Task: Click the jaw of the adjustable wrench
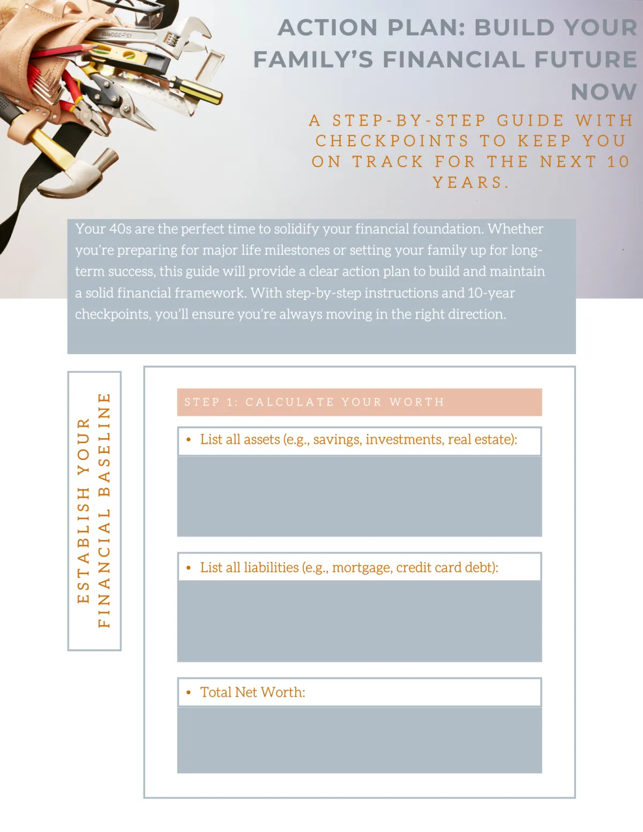196,34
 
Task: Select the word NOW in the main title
604,92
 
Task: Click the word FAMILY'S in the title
313,59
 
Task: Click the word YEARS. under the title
470,182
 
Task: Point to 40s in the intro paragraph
120,229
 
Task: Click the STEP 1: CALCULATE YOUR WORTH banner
359,402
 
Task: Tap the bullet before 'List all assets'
189,439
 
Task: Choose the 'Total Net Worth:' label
253,692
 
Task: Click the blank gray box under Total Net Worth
359,740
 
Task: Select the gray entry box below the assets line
359,496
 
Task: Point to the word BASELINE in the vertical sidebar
104,445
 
